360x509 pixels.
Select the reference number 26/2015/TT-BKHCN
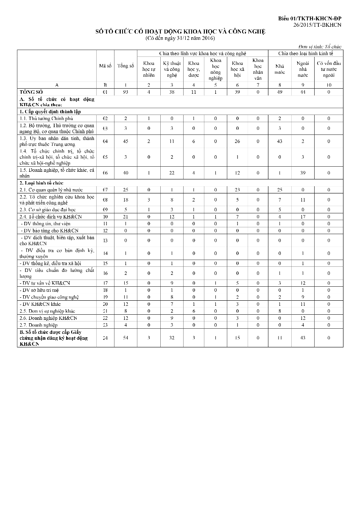(x=317, y=25)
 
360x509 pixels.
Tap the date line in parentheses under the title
(x=180, y=38)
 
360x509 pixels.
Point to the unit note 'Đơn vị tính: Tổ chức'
(x=321, y=47)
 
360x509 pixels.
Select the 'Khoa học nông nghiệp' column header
(x=215, y=69)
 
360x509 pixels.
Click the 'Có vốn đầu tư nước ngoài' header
(x=329, y=69)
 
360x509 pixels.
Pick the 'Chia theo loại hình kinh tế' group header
(x=306, y=53)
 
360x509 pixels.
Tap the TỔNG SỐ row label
(x=32, y=92)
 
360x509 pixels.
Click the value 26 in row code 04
(x=237, y=141)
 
